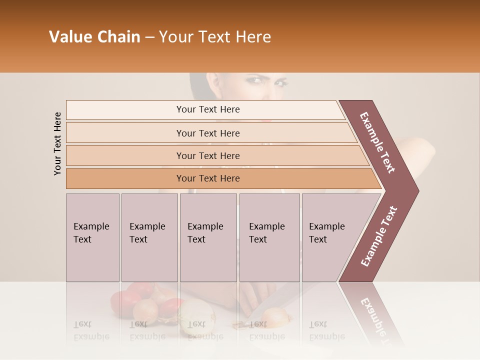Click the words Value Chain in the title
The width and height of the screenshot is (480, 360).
click(94, 37)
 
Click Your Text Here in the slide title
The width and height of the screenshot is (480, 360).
click(215, 37)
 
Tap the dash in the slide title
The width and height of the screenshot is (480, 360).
click(149, 37)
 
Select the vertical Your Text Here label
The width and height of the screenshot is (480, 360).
click(57, 143)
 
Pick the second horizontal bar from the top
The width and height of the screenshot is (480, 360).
click(208, 133)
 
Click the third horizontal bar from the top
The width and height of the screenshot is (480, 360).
click(208, 155)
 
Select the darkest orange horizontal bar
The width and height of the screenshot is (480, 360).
click(208, 178)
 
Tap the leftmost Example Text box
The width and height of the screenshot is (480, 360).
click(92, 237)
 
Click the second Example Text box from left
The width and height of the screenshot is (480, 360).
click(149, 237)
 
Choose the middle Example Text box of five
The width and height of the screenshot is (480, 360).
click(208, 237)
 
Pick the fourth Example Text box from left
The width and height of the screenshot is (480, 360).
click(269, 237)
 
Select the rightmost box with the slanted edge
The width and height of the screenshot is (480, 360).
click(330, 237)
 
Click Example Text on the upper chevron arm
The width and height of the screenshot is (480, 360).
click(377, 142)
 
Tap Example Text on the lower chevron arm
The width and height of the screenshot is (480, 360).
click(378, 236)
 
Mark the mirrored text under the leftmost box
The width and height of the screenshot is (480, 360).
click(91, 330)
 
